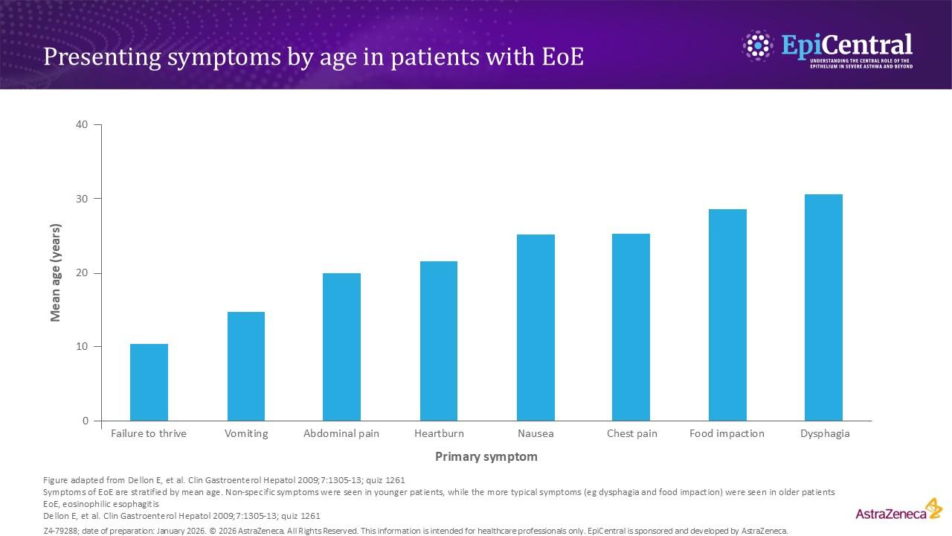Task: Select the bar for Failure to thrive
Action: point(149,382)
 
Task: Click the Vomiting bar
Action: point(245,366)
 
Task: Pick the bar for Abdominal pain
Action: point(341,347)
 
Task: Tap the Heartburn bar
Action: point(439,341)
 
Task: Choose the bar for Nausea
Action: point(535,328)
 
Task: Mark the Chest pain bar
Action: point(631,328)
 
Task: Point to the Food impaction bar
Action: point(727,315)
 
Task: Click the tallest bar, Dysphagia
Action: point(823,307)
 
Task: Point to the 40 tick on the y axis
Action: point(82,124)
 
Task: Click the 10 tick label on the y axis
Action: point(82,347)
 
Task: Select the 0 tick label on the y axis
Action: point(86,421)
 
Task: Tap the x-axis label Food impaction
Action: point(727,433)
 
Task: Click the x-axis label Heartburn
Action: point(439,433)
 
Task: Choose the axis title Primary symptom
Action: point(486,456)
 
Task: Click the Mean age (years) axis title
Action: point(55,272)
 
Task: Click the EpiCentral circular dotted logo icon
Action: point(758,46)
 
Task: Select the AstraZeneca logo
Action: point(898,511)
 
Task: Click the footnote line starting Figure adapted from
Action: point(224,480)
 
